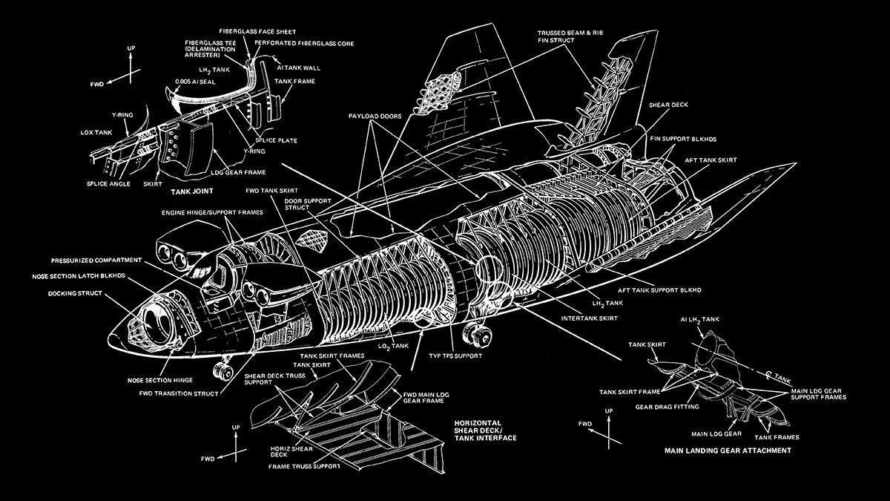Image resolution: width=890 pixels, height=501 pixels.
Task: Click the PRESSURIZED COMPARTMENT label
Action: click(x=94, y=261)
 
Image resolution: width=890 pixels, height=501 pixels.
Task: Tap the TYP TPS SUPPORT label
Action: click(x=455, y=356)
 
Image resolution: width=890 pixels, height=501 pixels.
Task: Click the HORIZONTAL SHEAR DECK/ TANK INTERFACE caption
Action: click(x=487, y=430)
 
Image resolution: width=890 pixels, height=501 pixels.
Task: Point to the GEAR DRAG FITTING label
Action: click(x=664, y=407)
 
